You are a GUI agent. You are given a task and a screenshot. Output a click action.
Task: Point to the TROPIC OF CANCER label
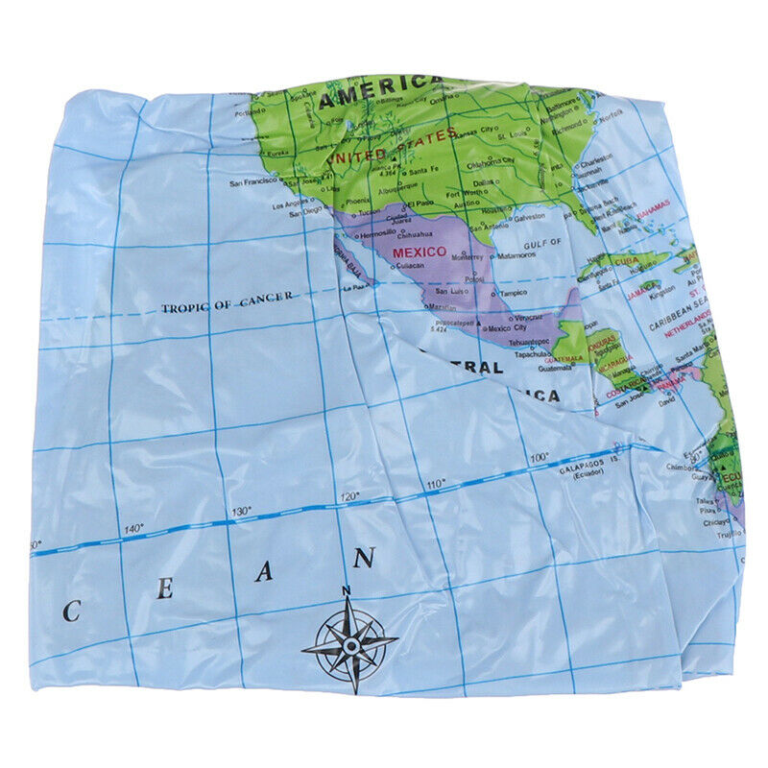point(228,307)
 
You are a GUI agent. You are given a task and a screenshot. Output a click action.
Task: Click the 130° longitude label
point(240,512)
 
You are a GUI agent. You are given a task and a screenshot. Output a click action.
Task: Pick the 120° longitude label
point(349,495)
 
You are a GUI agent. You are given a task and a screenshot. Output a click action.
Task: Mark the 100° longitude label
point(539,457)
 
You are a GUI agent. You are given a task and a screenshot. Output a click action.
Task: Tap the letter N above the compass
point(346,590)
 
